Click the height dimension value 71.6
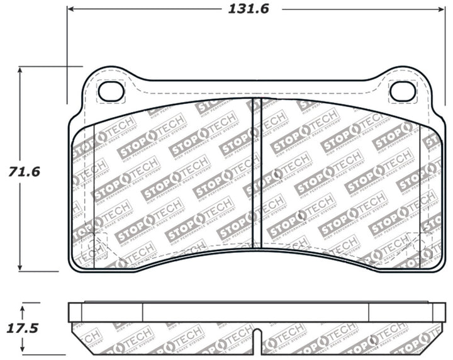coord(23,171)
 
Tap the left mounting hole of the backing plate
coord(112,91)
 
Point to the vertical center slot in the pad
coord(256,173)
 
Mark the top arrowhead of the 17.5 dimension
coord(23,307)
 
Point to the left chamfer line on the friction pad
coord(94,189)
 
